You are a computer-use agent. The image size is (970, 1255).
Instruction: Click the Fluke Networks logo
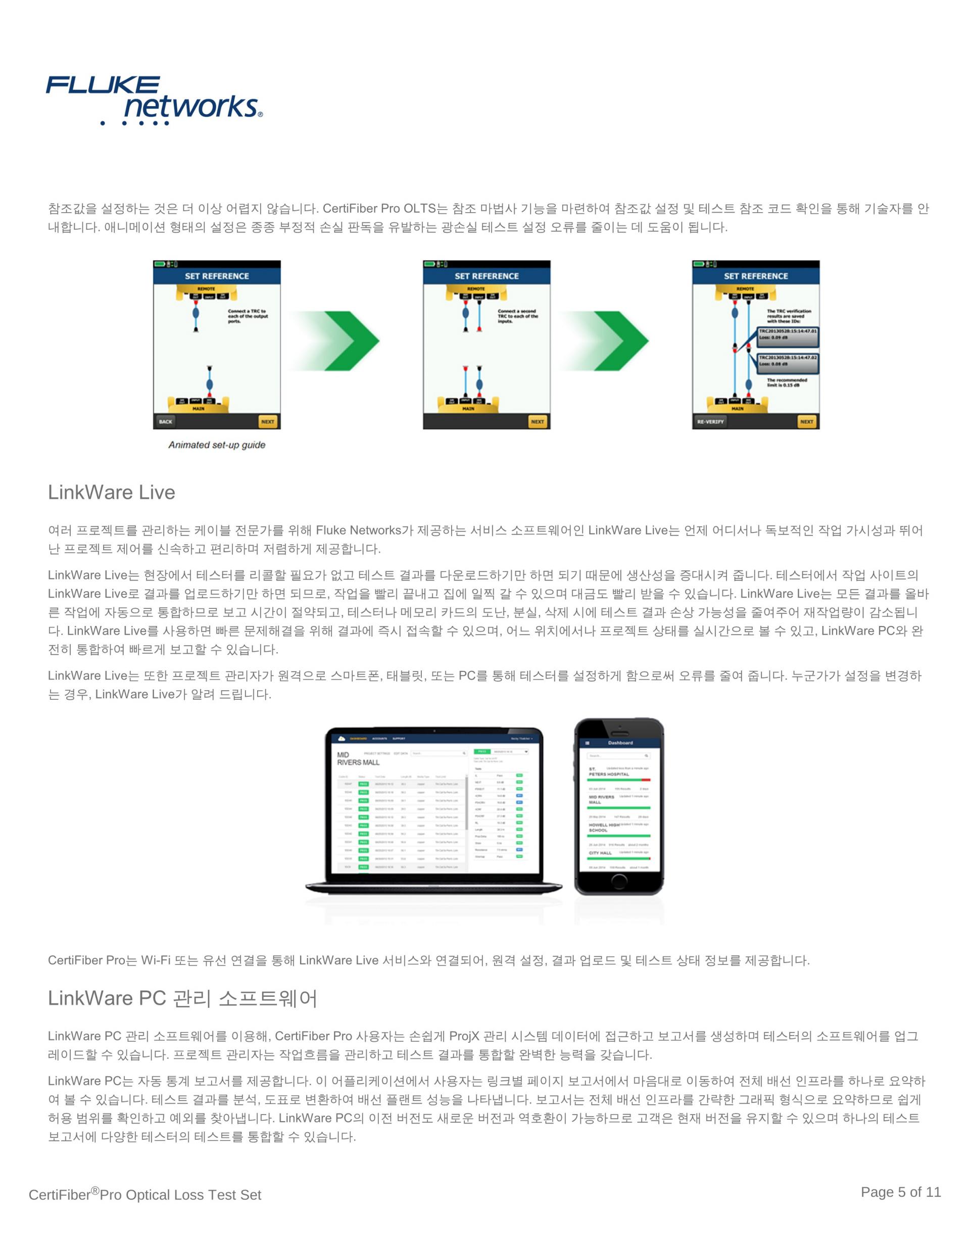pyautogui.click(x=154, y=100)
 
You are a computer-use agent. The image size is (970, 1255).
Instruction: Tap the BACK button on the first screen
pyautogui.click(x=166, y=421)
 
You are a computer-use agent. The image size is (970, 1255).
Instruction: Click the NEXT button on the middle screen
pyautogui.click(x=538, y=421)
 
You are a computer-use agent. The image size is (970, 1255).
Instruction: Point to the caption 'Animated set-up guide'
pyautogui.click(x=217, y=445)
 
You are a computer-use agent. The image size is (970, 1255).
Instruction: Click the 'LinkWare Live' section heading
pyautogui.click(x=112, y=493)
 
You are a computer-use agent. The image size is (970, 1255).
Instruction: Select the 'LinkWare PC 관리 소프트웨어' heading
pyautogui.click(x=182, y=998)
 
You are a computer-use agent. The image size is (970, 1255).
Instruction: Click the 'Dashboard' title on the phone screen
pyautogui.click(x=620, y=743)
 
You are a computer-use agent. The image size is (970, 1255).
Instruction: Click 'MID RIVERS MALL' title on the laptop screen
pyautogui.click(x=358, y=758)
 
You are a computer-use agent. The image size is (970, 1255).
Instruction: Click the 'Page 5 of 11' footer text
pyautogui.click(x=900, y=1192)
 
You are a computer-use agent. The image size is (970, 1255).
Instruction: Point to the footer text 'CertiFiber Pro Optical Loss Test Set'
pyautogui.click(x=145, y=1195)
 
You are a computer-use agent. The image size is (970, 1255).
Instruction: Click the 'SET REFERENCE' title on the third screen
pyautogui.click(x=756, y=276)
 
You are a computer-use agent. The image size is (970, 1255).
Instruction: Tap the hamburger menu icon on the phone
pyautogui.click(x=587, y=743)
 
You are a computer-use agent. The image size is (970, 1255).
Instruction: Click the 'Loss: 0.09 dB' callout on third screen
pyautogui.click(x=787, y=337)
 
